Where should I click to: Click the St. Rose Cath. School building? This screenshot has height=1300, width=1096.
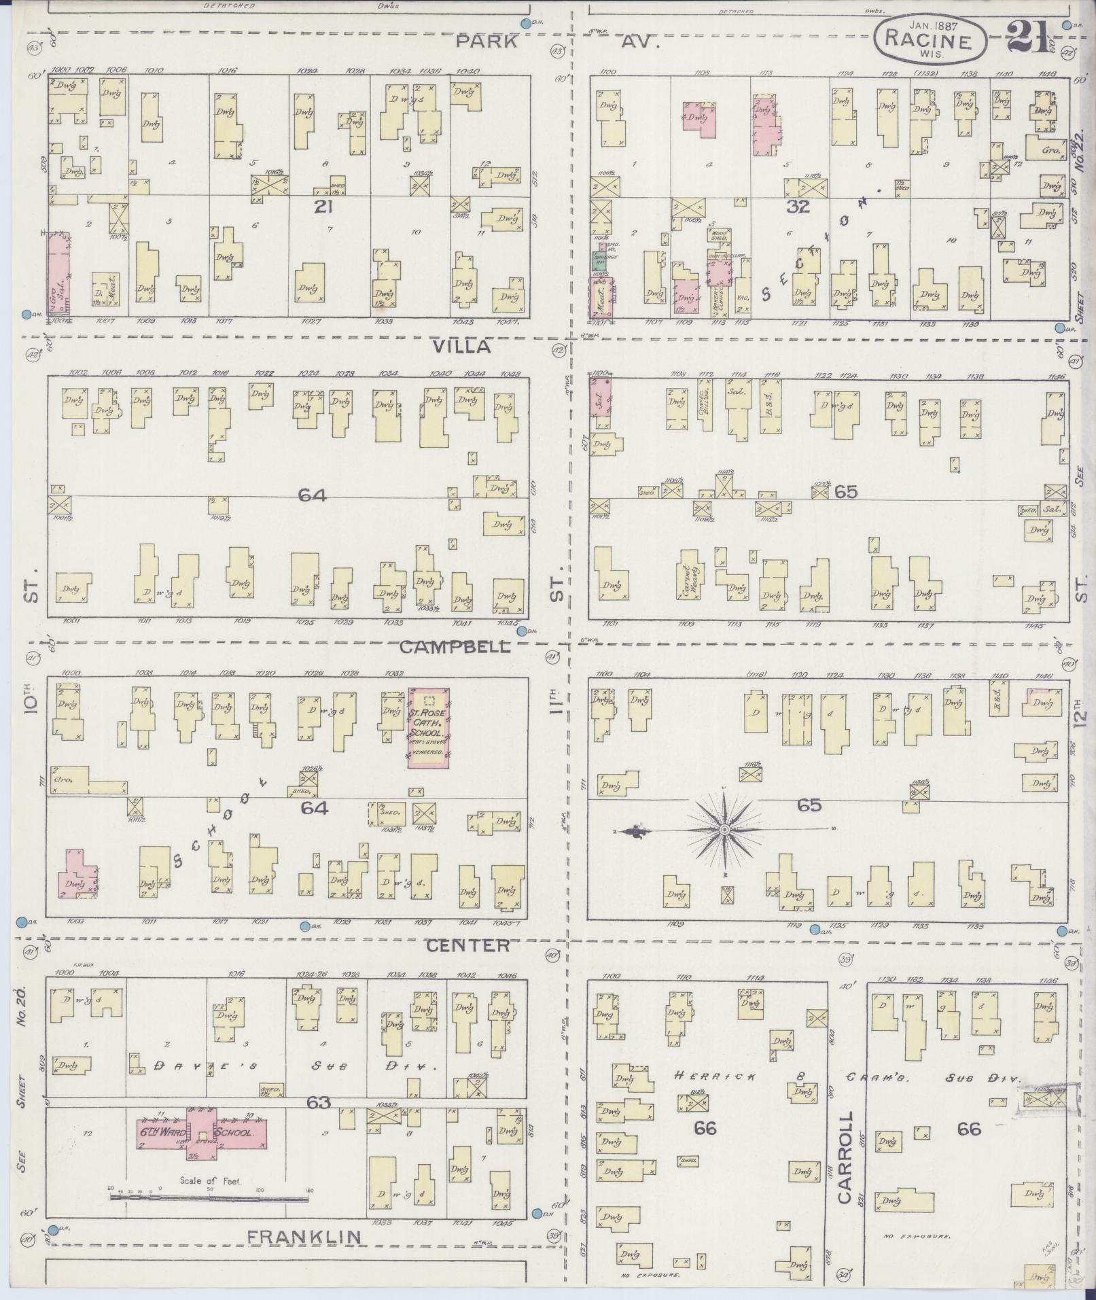coord(428,728)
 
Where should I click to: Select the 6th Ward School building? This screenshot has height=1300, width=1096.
coord(202,1132)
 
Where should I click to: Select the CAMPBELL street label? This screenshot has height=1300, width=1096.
coord(455,646)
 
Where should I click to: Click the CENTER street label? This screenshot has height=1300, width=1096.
coord(467,945)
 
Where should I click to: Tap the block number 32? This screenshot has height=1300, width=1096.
coord(798,207)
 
